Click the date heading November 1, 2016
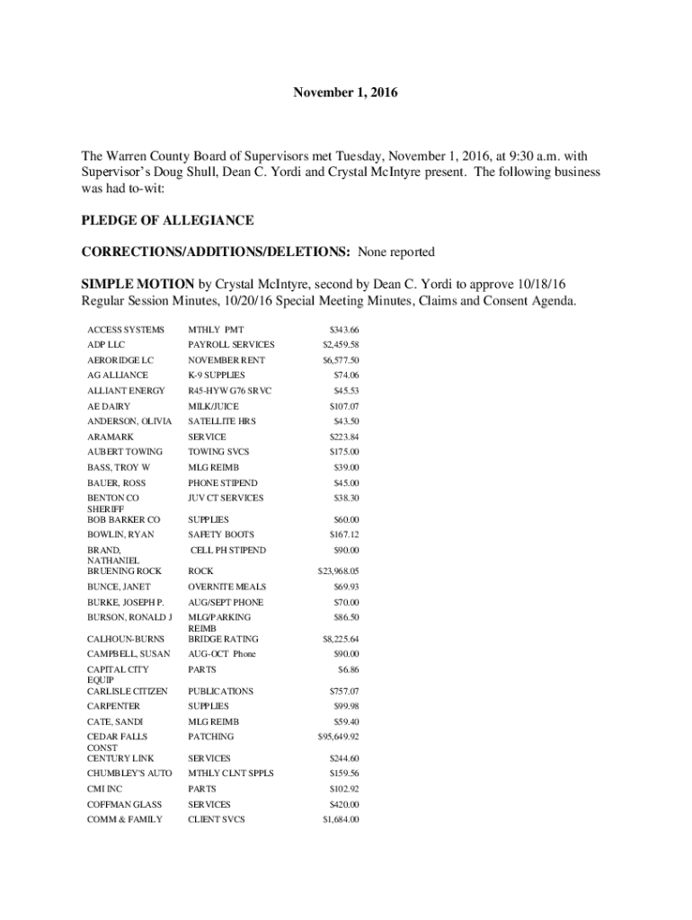click(x=346, y=93)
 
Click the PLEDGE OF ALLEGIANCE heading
click(x=167, y=220)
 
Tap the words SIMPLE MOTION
click(x=138, y=283)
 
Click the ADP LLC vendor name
click(x=107, y=345)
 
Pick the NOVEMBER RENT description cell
click(x=226, y=360)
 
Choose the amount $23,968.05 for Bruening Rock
click(x=339, y=571)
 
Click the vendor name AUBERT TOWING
click(x=125, y=452)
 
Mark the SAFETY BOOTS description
click(x=221, y=535)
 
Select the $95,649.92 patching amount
click(x=339, y=737)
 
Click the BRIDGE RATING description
click(x=222, y=639)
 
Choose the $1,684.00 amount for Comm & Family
click(x=341, y=819)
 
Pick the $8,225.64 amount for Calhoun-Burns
click(x=341, y=639)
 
